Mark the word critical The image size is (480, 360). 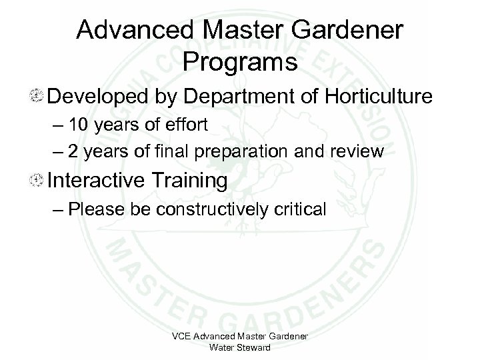tap(301, 210)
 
